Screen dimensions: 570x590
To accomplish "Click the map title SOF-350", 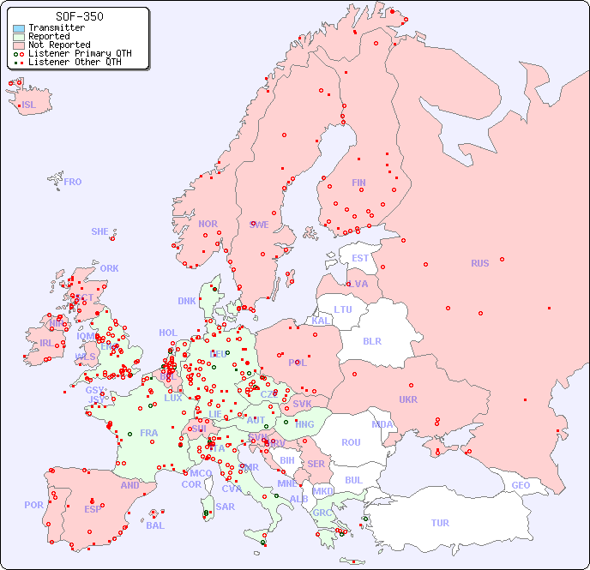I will (80, 16).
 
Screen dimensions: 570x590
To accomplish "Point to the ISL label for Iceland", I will (29, 105).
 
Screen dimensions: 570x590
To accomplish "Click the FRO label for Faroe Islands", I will (73, 182).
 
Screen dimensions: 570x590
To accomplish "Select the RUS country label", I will (479, 263).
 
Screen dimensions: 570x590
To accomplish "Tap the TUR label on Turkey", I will (440, 523).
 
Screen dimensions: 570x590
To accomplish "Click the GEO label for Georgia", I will (521, 485).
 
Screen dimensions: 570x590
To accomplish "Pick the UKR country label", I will (408, 399).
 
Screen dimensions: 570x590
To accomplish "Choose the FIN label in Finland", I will (358, 183).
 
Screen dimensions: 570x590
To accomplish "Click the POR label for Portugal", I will (33, 505).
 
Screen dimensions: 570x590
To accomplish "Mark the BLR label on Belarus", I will (371, 340).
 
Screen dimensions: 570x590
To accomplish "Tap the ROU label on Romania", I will (351, 442).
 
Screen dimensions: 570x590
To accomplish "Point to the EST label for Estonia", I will (360, 258).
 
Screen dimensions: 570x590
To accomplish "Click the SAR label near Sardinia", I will (225, 507).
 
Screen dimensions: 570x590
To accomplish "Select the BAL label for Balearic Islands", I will (154, 525).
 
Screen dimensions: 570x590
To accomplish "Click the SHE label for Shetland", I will (100, 231).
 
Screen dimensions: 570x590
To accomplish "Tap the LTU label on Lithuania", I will (343, 309).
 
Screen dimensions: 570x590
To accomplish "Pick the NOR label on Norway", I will (208, 224).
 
